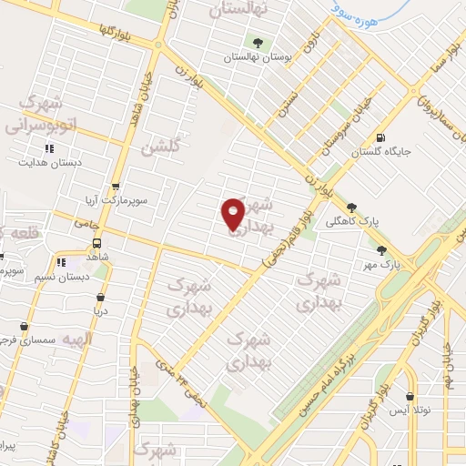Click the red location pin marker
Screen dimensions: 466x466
tap(234, 213)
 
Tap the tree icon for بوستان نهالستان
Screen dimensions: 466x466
tap(258, 42)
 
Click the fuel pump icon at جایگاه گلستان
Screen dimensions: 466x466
tap(379, 138)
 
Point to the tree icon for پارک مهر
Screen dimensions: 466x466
tap(381, 249)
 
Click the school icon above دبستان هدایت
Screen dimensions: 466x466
tap(49, 148)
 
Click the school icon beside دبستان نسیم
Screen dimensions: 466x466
tap(61, 262)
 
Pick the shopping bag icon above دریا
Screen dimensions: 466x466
tap(97, 297)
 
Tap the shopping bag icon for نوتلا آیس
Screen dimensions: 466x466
tap(411, 397)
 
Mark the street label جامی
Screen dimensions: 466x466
tap(88, 222)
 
